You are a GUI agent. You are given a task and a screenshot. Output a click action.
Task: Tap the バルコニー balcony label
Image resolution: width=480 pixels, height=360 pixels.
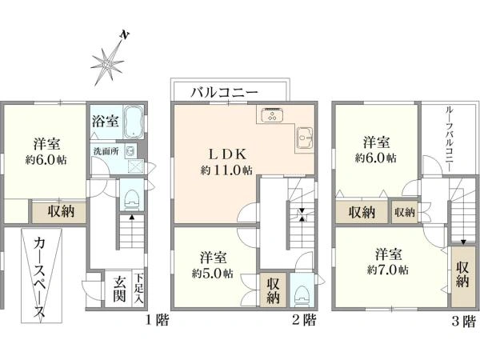224,92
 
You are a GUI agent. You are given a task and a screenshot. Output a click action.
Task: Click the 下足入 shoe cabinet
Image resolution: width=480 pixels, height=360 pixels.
139,289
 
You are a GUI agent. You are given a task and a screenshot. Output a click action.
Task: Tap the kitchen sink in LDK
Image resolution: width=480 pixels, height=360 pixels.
304,138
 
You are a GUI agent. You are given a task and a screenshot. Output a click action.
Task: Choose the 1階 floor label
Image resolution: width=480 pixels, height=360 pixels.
155,321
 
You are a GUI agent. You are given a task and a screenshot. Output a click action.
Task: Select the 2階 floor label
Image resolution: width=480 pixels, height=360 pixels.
305,321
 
